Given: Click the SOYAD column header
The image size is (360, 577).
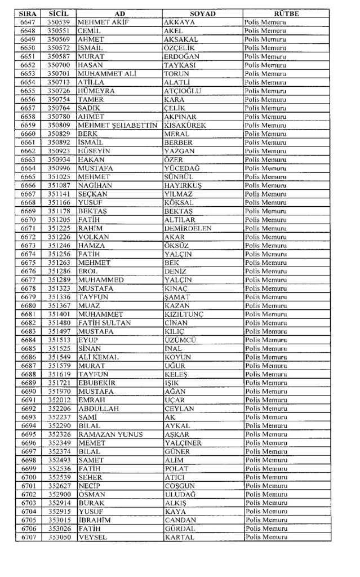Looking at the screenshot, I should [x=202, y=13].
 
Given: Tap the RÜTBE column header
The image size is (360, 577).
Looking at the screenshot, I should [x=286, y=13].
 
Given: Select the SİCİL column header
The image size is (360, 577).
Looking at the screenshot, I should [x=59, y=13].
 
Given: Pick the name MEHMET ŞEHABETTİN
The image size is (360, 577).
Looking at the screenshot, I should [x=117, y=125].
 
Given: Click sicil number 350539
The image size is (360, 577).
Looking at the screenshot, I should [x=59, y=22].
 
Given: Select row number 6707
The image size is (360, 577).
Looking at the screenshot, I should [x=28, y=538].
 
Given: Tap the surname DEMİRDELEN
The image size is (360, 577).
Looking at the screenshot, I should [x=188, y=228].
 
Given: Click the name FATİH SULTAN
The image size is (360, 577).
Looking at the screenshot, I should [x=105, y=322].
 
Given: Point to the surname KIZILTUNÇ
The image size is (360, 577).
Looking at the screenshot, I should [x=184, y=314].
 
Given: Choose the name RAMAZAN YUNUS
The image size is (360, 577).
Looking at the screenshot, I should [x=110, y=434].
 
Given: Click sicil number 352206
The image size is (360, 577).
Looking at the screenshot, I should [x=59, y=409].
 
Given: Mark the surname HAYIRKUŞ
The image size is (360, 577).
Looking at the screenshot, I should [x=183, y=185].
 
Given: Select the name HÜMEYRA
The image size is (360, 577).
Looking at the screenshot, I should [x=96, y=91].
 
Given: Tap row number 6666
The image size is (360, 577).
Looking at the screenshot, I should [x=28, y=185].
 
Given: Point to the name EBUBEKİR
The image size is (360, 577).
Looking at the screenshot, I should [x=97, y=383].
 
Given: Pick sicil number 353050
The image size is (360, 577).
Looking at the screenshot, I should [x=59, y=538].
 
